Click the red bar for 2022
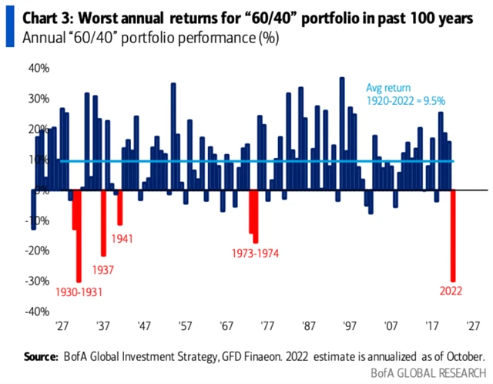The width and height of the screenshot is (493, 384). [x=453, y=235]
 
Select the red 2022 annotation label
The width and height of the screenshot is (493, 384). [x=452, y=291]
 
